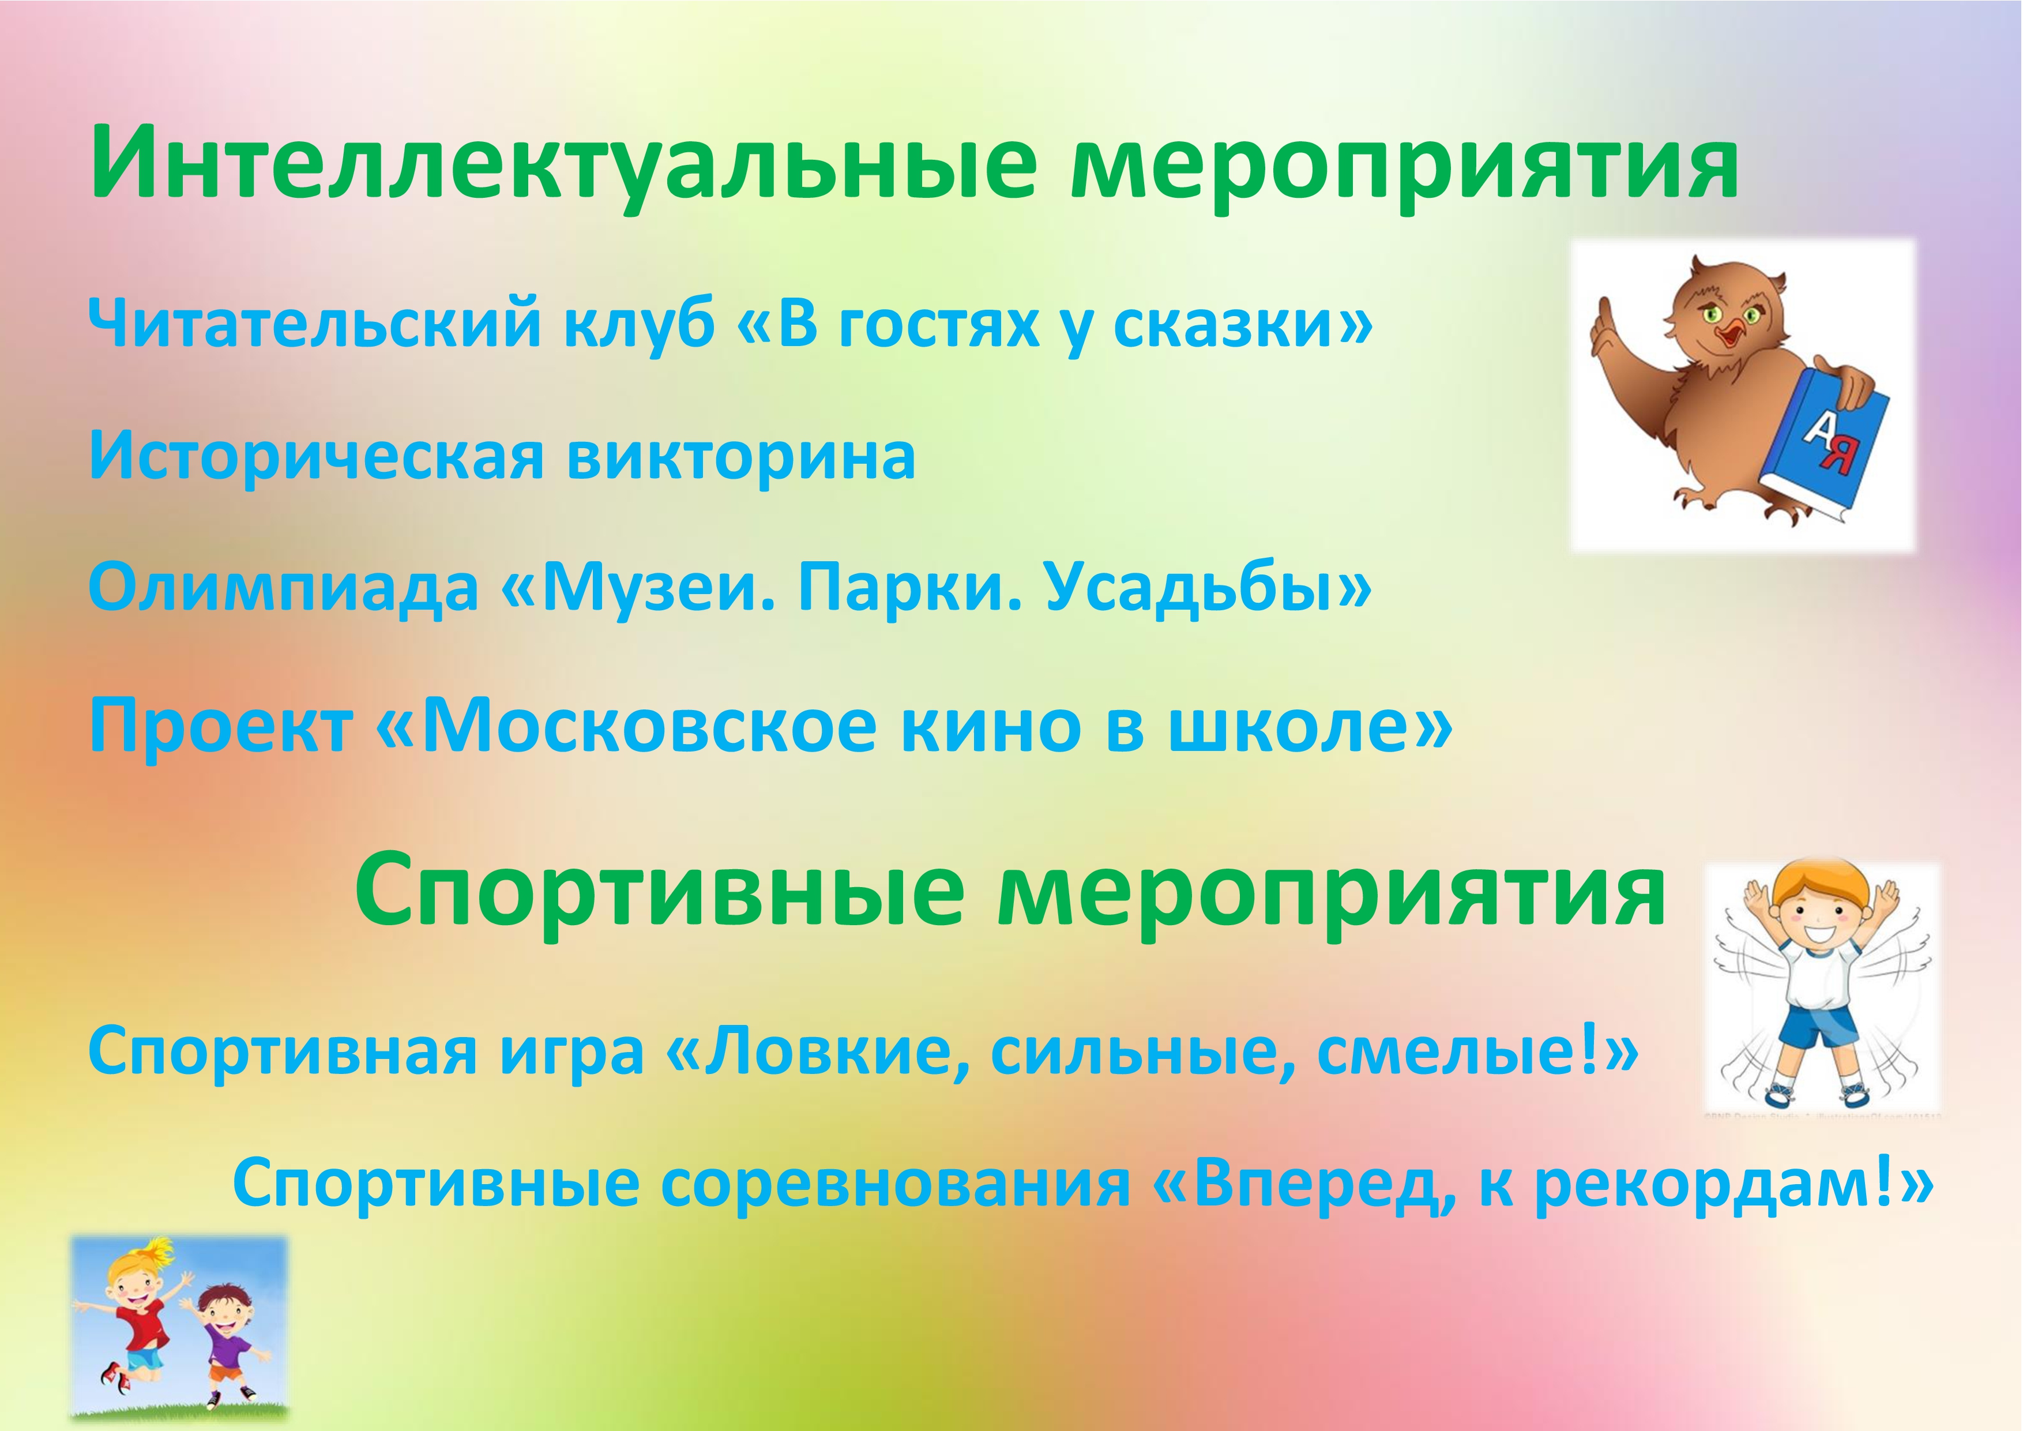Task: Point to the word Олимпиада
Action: (x=283, y=589)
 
